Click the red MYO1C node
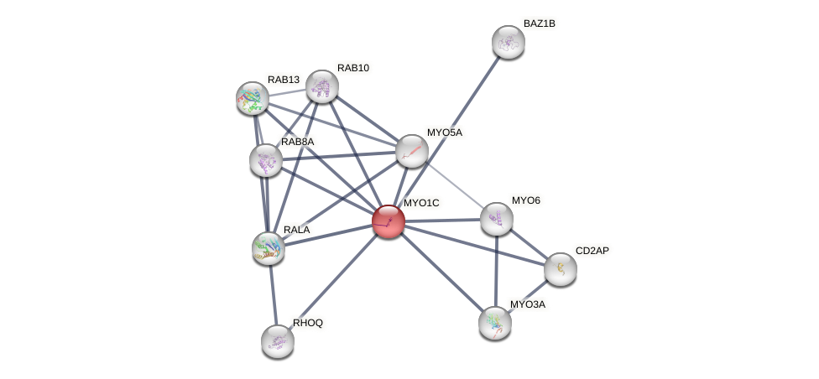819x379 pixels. point(388,221)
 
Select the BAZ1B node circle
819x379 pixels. point(508,42)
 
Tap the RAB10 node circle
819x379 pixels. point(322,86)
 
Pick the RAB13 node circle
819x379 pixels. point(252,98)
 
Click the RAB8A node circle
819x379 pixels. point(266,160)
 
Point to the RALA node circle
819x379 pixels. point(269,247)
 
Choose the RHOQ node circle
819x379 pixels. point(278,340)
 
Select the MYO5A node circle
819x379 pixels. point(411,151)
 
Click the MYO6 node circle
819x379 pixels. point(496,219)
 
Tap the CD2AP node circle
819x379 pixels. point(560,269)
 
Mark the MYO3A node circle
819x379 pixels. point(495,322)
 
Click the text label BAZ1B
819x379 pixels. point(539,23)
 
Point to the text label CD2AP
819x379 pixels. point(592,251)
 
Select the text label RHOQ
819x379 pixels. point(307,323)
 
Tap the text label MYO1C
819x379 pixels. point(420,203)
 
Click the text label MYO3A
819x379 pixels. point(528,304)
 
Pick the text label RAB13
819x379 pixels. point(284,80)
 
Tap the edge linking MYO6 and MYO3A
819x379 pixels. point(496,270)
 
